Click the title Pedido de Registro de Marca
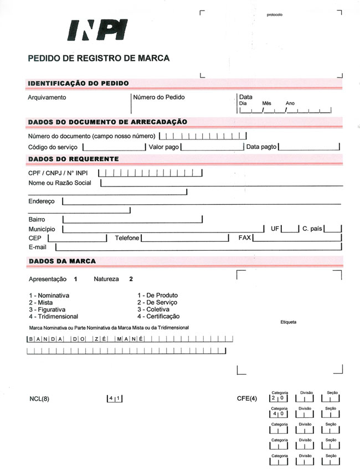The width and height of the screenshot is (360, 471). click(x=99, y=58)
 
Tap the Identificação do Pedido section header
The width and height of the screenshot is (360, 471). click(x=79, y=84)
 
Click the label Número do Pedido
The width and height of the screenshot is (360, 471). click(x=159, y=97)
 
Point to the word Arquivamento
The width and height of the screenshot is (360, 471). click(x=47, y=97)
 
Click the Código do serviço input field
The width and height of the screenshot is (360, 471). click(x=114, y=147)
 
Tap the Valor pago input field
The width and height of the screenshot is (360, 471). click(x=212, y=147)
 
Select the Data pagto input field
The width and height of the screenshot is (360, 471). click(x=309, y=147)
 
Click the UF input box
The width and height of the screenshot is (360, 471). click(x=290, y=229)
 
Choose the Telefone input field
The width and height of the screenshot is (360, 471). click(x=185, y=238)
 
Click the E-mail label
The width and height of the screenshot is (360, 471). click(x=37, y=247)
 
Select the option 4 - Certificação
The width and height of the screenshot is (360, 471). click(x=158, y=316)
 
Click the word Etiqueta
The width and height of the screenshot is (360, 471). click(x=289, y=322)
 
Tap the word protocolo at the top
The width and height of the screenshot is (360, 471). click(x=274, y=14)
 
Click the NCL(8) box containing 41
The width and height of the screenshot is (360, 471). click(x=115, y=398)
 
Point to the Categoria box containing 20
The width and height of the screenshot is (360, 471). click(x=279, y=398)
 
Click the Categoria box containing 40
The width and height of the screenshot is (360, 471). click(x=279, y=413)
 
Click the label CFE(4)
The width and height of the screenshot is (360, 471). click(x=247, y=398)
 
